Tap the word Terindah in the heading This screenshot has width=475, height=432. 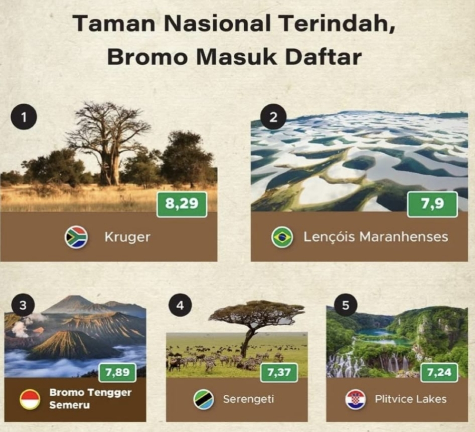point(336,23)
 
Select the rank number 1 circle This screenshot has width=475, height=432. point(24,118)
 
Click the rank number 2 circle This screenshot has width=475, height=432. point(273,117)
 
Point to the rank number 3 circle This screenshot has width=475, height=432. point(23,305)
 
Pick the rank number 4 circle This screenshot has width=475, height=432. point(180,305)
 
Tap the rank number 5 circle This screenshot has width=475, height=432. point(345,305)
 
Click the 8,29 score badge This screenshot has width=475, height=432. point(181,204)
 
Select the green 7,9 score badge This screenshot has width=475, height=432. point(432,204)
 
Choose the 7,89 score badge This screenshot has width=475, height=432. point(118,372)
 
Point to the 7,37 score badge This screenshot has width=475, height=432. point(279,372)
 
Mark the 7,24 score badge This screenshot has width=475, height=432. point(439,372)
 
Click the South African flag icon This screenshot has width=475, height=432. point(76,237)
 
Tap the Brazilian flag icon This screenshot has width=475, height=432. point(282,237)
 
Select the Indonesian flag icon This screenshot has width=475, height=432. point(30,399)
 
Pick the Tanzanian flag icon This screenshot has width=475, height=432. point(204,399)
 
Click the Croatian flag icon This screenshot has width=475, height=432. point(355,399)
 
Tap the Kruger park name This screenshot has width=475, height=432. point(127,237)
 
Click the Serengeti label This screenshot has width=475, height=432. point(248,399)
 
